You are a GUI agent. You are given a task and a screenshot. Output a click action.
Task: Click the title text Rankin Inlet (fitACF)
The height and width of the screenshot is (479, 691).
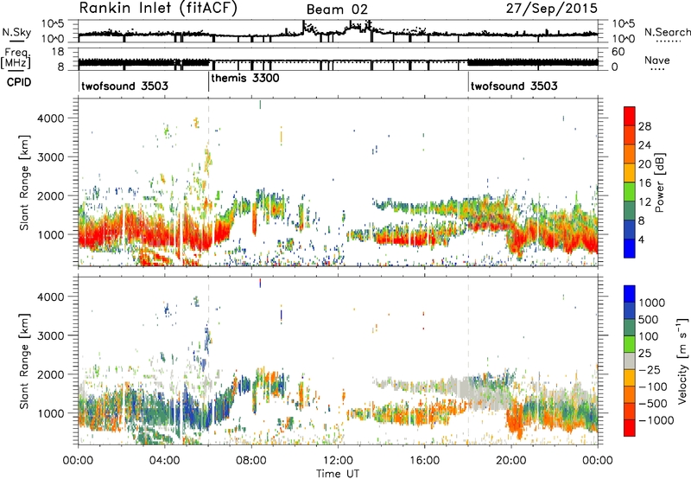(x=158, y=9)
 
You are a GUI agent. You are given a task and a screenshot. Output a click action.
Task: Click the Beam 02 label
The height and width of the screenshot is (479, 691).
(x=337, y=10)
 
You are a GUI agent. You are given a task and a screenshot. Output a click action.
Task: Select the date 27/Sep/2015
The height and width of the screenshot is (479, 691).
(x=552, y=9)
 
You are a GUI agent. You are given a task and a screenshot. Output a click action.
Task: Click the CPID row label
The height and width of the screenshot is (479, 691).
(x=19, y=82)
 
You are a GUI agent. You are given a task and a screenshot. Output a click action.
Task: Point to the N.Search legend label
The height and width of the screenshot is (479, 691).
(x=667, y=32)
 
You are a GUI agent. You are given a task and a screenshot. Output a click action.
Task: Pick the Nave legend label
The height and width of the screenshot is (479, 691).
(x=657, y=60)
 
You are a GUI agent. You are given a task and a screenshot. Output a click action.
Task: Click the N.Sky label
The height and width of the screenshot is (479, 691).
(x=16, y=32)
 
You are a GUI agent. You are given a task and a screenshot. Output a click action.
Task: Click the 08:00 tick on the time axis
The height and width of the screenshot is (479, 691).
(x=251, y=461)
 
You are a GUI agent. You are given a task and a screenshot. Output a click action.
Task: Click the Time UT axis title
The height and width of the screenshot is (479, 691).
(x=338, y=473)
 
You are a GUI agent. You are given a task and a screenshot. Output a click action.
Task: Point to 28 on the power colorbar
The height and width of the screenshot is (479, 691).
(x=644, y=126)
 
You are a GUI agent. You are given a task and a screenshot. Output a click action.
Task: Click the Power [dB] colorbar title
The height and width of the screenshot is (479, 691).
(x=659, y=182)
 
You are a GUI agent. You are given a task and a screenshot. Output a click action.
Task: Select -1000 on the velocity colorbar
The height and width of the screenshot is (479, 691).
(x=656, y=420)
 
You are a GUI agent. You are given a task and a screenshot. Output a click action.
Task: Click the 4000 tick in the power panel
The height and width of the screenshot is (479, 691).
(x=51, y=118)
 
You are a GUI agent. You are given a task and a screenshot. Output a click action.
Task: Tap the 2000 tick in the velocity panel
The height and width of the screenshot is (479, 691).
(x=51, y=374)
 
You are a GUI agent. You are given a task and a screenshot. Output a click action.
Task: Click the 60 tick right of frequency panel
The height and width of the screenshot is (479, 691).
(x=618, y=52)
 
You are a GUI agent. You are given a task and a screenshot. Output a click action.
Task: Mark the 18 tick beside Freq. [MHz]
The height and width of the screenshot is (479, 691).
(x=58, y=52)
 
